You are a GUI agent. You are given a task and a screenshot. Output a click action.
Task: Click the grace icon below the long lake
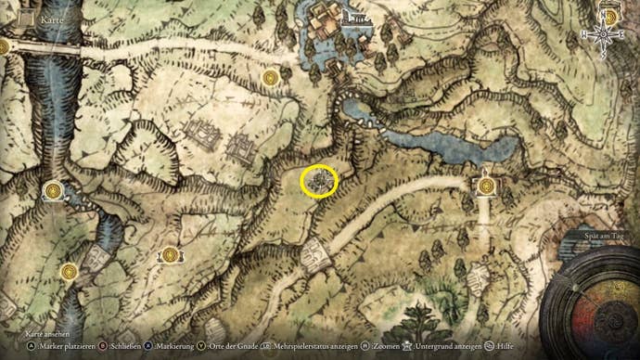[x=485, y=186]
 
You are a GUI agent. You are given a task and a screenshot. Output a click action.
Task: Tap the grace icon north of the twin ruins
[x=270, y=77]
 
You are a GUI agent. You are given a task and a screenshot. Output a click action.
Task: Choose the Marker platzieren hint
[x=40, y=344]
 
